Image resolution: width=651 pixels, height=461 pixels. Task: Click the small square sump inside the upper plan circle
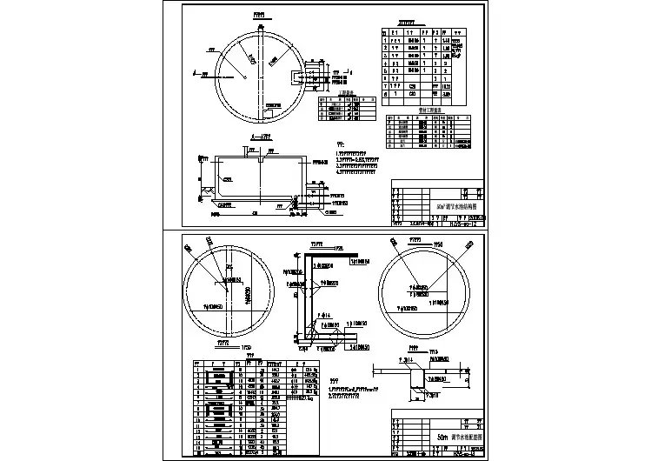pos(270,113)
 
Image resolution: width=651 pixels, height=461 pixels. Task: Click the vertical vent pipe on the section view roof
pos(261,159)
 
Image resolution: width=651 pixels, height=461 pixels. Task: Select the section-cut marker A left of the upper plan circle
pos(203,77)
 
